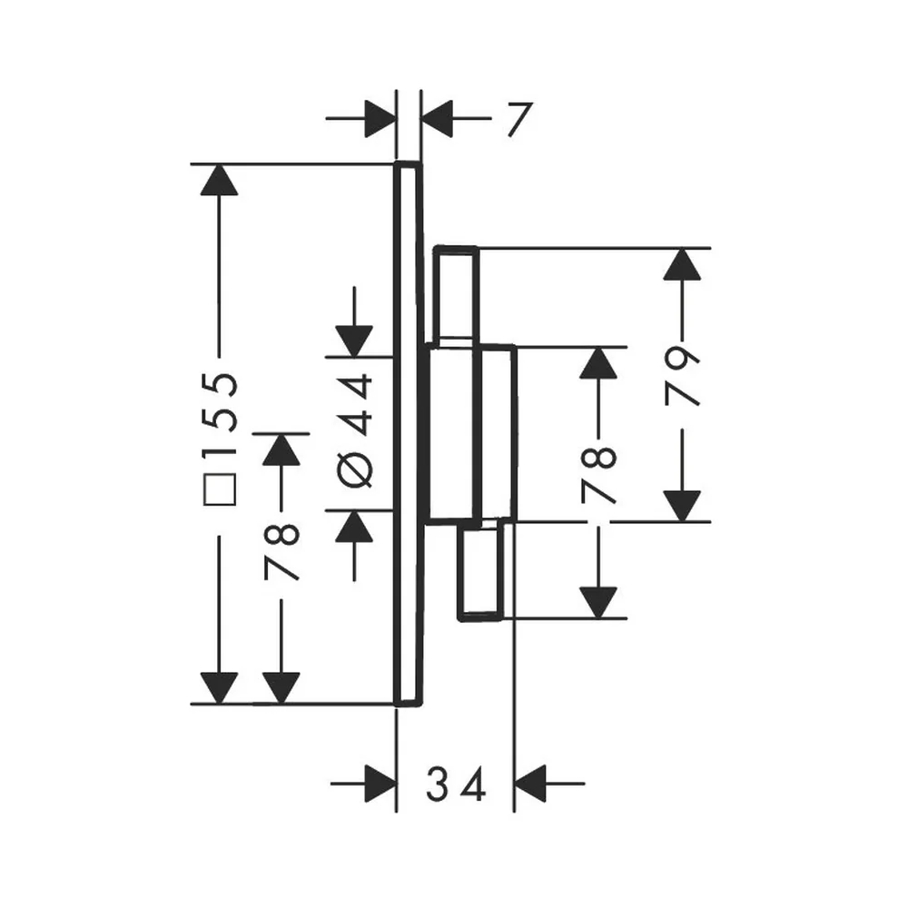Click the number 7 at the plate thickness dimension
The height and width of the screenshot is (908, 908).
point(519,120)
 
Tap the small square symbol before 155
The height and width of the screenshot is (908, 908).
point(220,489)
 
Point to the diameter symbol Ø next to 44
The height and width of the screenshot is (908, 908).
point(354,469)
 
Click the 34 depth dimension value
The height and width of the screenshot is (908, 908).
point(456,785)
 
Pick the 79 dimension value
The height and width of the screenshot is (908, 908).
point(683,377)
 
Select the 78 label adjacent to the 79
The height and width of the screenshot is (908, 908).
point(598,475)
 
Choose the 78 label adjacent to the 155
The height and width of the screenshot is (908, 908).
point(281,551)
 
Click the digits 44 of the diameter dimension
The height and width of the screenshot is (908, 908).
point(354,404)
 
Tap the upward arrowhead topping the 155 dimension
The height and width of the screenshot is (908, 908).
point(219,180)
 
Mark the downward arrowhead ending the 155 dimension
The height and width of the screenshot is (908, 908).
point(219,688)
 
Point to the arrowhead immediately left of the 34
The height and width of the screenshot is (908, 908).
point(381,785)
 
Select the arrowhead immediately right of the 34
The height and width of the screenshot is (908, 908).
point(530,784)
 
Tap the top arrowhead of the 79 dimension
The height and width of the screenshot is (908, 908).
point(682,263)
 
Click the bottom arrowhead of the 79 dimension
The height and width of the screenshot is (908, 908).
point(682,506)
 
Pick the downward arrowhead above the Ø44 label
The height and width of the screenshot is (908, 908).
point(354,341)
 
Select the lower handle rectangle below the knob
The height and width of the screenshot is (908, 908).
point(480,570)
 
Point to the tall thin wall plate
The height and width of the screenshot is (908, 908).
point(408,434)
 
